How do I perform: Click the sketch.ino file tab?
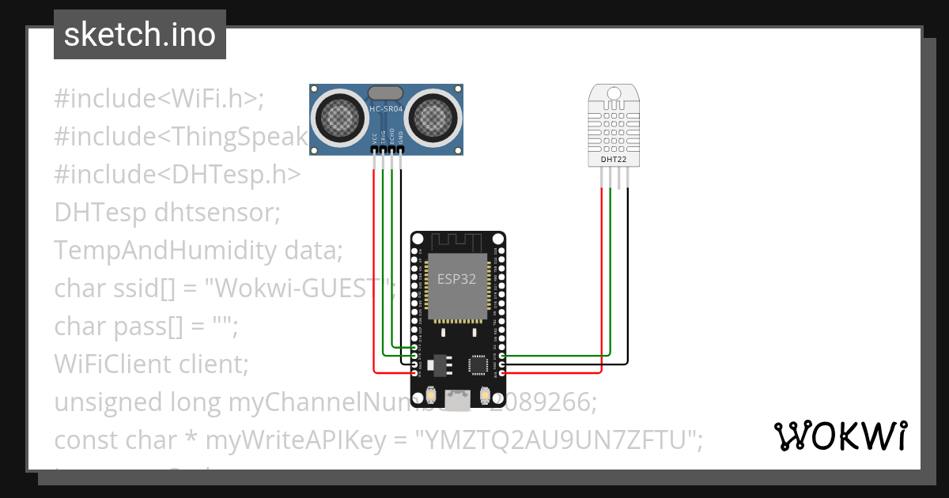click(x=139, y=35)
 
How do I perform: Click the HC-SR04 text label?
click(x=385, y=108)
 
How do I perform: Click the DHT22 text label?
click(x=614, y=159)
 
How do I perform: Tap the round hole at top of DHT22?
click(x=614, y=93)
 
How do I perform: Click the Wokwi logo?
click(x=840, y=436)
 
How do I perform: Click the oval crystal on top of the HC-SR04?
click(x=385, y=93)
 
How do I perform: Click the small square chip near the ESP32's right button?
click(x=478, y=364)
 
